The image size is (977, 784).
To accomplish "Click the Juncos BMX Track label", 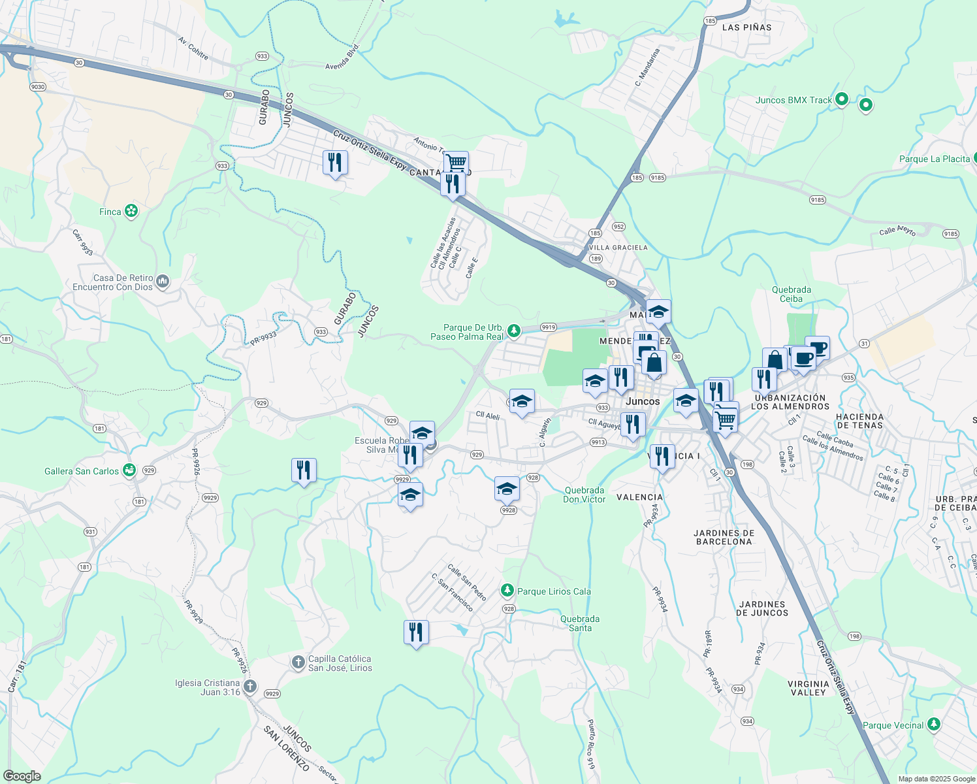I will coord(793,100).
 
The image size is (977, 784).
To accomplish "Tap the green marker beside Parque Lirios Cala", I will coord(507,591).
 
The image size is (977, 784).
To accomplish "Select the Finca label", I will coord(110,212).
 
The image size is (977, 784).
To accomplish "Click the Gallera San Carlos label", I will coord(82,471).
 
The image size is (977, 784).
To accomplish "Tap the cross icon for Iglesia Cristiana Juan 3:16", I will coord(249,687).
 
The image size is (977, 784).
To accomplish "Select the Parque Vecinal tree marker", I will coord(934,724).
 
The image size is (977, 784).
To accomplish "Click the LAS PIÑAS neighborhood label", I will coord(746,27).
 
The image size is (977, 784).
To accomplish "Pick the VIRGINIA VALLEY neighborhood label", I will coord(809,688).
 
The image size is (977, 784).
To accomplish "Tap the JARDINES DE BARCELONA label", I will coord(724,537).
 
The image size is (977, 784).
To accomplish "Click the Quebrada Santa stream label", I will coord(580,623).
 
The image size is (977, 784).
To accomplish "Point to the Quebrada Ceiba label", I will coord(792,294).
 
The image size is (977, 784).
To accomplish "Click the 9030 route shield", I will coord(37,87).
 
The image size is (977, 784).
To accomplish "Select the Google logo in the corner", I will coord(22,776).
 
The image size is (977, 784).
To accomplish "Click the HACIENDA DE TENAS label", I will coord(859,421).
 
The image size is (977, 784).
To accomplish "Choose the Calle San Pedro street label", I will coord(467,582).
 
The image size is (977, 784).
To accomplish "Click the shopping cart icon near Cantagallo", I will coord(456,163).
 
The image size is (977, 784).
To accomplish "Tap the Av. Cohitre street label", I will coord(193,49).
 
